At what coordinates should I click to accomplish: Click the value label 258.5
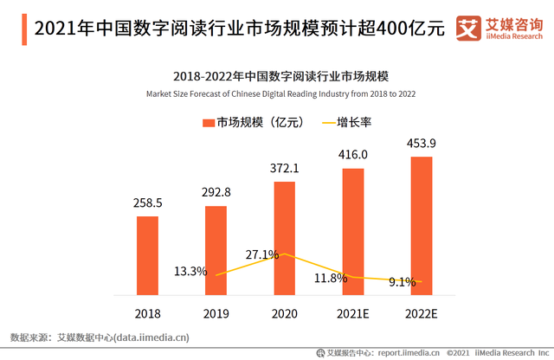click(x=147, y=202)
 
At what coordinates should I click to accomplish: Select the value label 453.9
click(x=422, y=143)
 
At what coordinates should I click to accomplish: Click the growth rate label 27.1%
click(x=261, y=254)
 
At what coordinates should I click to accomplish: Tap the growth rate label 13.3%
click(x=190, y=271)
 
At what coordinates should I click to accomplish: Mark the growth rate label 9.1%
click(x=402, y=281)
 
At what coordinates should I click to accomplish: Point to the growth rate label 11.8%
click(x=331, y=278)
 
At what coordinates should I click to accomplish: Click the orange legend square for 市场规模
click(x=208, y=123)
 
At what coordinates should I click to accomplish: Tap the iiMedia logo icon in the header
click(x=468, y=27)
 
